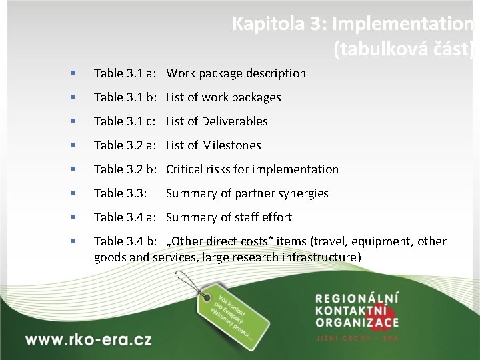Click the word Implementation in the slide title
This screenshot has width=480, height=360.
403,24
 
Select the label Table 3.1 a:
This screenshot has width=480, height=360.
125,73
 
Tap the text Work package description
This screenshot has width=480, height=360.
236,73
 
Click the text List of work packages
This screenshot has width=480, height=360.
223,97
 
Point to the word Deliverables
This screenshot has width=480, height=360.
236,121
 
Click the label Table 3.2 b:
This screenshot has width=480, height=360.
125,169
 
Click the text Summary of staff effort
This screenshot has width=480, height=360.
229,217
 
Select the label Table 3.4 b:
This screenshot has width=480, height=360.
125,241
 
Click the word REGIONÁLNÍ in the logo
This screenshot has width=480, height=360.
357,298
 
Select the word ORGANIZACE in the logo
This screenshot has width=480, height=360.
357,323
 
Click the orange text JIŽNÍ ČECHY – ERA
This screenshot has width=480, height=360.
357,338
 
